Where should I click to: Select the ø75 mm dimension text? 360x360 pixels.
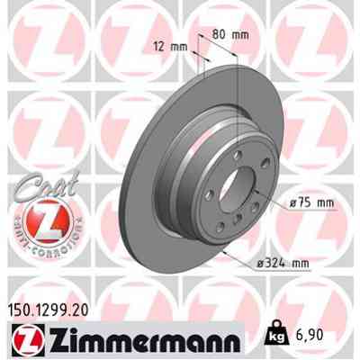coord(289,203)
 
